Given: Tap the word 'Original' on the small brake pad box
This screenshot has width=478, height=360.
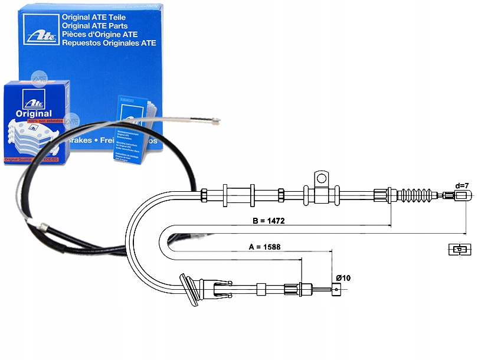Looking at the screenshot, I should pyautogui.click(x=34, y=114).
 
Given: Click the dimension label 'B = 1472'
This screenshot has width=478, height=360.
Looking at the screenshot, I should pyautogui.click(x=269, y=222).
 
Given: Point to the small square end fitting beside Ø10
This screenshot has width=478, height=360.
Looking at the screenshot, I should pyautogui.click(x=337, y=289).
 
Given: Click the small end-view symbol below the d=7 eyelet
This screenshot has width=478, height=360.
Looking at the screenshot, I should pyautogui.click(x=458, y=250).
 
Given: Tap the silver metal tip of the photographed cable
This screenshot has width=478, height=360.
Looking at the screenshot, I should pyautogui.click(x=213, y=122).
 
